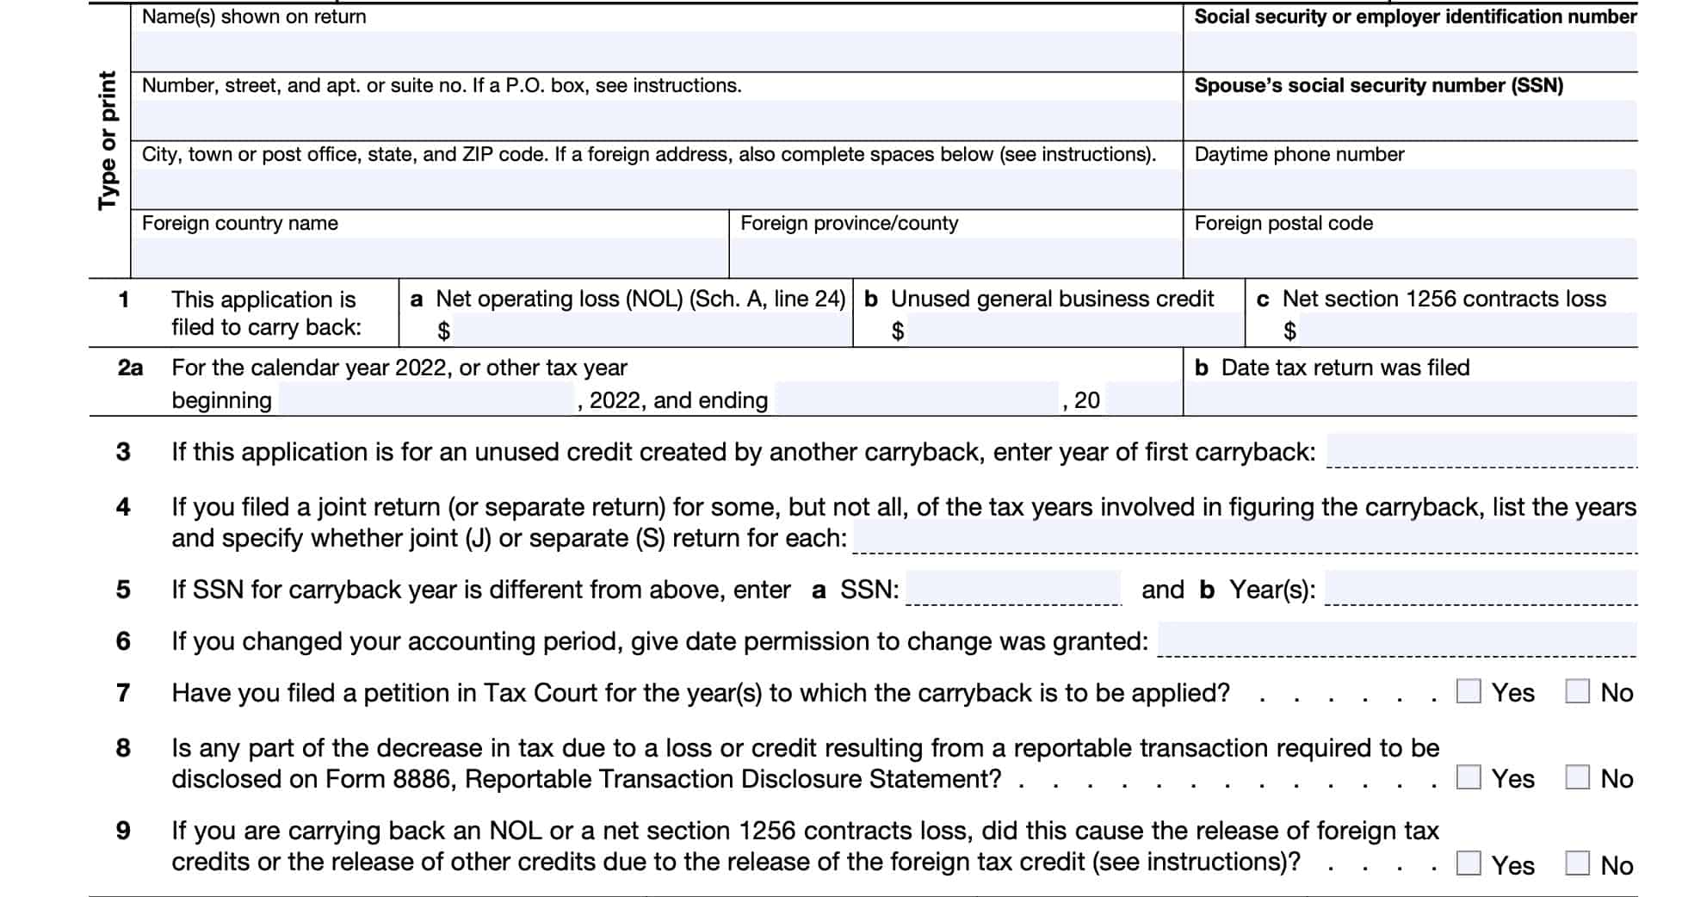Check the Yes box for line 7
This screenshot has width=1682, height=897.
pyautogui.click(x=1469, y=691)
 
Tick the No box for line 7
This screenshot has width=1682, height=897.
pyautogui.click(x=1577, y=691)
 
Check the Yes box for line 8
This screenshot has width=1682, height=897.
pyautogui.click(x=1469, y=777)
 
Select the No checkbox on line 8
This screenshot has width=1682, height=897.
pyautogui.click(x=1577, y=777)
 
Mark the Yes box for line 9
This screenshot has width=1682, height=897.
pyautogui.click(x=1469, y=863)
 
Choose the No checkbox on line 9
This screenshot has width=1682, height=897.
pyautogui.click(x=1577, y=863)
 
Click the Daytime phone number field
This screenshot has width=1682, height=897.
pyautogui.click(x=1410, y=189)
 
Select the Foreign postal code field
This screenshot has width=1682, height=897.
pyautogui.click(x=1410, y=257)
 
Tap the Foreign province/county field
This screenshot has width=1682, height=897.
pyautogui.click(x=955, y=257)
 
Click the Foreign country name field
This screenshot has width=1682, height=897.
pyautogui.click(x=430, y=257)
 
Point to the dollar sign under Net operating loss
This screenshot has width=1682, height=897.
pyautogui.click(x=443, y=331)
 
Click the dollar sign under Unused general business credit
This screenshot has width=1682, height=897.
pyautogui.click(x=898, y=331)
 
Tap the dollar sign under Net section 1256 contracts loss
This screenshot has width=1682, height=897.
pyautogui.click(x=1289, y=331)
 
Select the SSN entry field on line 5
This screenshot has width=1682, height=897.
pyautogui.click(x=1013, y=589)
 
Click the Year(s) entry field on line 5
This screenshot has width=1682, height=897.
pyautogui.click(x=1481, y=589)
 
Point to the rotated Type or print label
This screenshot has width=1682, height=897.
pyautogui.click(x=108, y=140)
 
